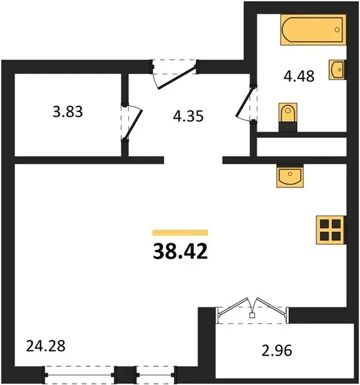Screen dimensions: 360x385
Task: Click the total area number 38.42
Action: point(180,252)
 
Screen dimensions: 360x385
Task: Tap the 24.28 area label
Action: point(46,346)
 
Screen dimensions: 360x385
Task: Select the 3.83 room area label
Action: point(68,112)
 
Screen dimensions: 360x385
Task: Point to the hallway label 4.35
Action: point(188,116)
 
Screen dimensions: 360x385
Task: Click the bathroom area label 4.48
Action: point(299,76)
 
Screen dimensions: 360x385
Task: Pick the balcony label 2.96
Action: point(277,350)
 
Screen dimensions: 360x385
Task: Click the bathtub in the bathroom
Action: point(313,30)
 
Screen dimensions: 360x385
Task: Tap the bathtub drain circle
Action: point(337,30)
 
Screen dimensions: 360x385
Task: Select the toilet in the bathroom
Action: point(287,117)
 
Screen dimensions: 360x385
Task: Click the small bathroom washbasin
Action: point(337,70)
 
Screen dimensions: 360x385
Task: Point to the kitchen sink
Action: point(290,176)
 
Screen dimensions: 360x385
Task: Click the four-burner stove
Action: point(330,230)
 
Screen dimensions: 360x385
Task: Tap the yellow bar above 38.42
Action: point(180,232)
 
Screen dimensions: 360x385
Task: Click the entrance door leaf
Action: point(176,77)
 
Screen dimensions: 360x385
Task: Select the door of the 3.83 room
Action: point(133,124)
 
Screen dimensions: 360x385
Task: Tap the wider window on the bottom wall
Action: point(80,375)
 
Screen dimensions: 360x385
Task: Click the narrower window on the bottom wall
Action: point(155,375)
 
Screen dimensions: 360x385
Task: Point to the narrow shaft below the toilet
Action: point(302,147)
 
